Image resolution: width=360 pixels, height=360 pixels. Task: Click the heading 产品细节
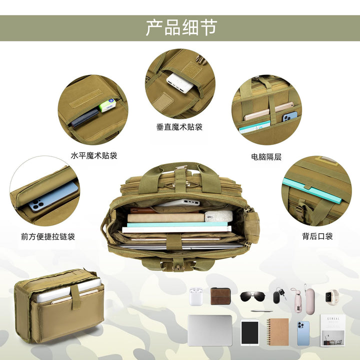click(181, 28)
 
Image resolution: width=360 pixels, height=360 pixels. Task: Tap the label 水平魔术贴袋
click(94, 155)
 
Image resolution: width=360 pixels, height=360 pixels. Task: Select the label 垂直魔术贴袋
click(179, 126)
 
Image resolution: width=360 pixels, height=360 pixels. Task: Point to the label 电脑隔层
click(266, 157)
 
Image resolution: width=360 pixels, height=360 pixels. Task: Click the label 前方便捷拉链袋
click(48, 236)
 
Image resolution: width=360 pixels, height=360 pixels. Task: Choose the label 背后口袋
click(317, 236)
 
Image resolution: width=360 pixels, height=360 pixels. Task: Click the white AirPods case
click(196, 296)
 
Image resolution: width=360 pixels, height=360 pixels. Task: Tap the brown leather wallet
click(220, 296)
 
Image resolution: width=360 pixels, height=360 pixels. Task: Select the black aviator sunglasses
click(252, 296)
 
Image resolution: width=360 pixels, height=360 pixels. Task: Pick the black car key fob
click(278, 295)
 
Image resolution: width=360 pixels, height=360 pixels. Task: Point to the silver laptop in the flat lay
click(210, 330)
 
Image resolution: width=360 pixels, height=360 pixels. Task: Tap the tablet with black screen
click(250, 332)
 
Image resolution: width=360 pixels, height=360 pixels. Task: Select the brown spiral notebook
click(277, 332)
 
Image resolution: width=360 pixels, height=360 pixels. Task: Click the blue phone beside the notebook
click(303, 333)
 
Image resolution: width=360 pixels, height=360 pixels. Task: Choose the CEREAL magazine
click(332, 330)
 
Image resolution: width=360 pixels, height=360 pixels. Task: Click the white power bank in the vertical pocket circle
click(180, 83)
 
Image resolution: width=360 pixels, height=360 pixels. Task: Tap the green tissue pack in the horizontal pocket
click(107, 105)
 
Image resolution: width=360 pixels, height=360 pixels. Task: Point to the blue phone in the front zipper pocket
click(53, 196)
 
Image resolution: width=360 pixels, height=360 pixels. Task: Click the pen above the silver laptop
click(261, 311)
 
